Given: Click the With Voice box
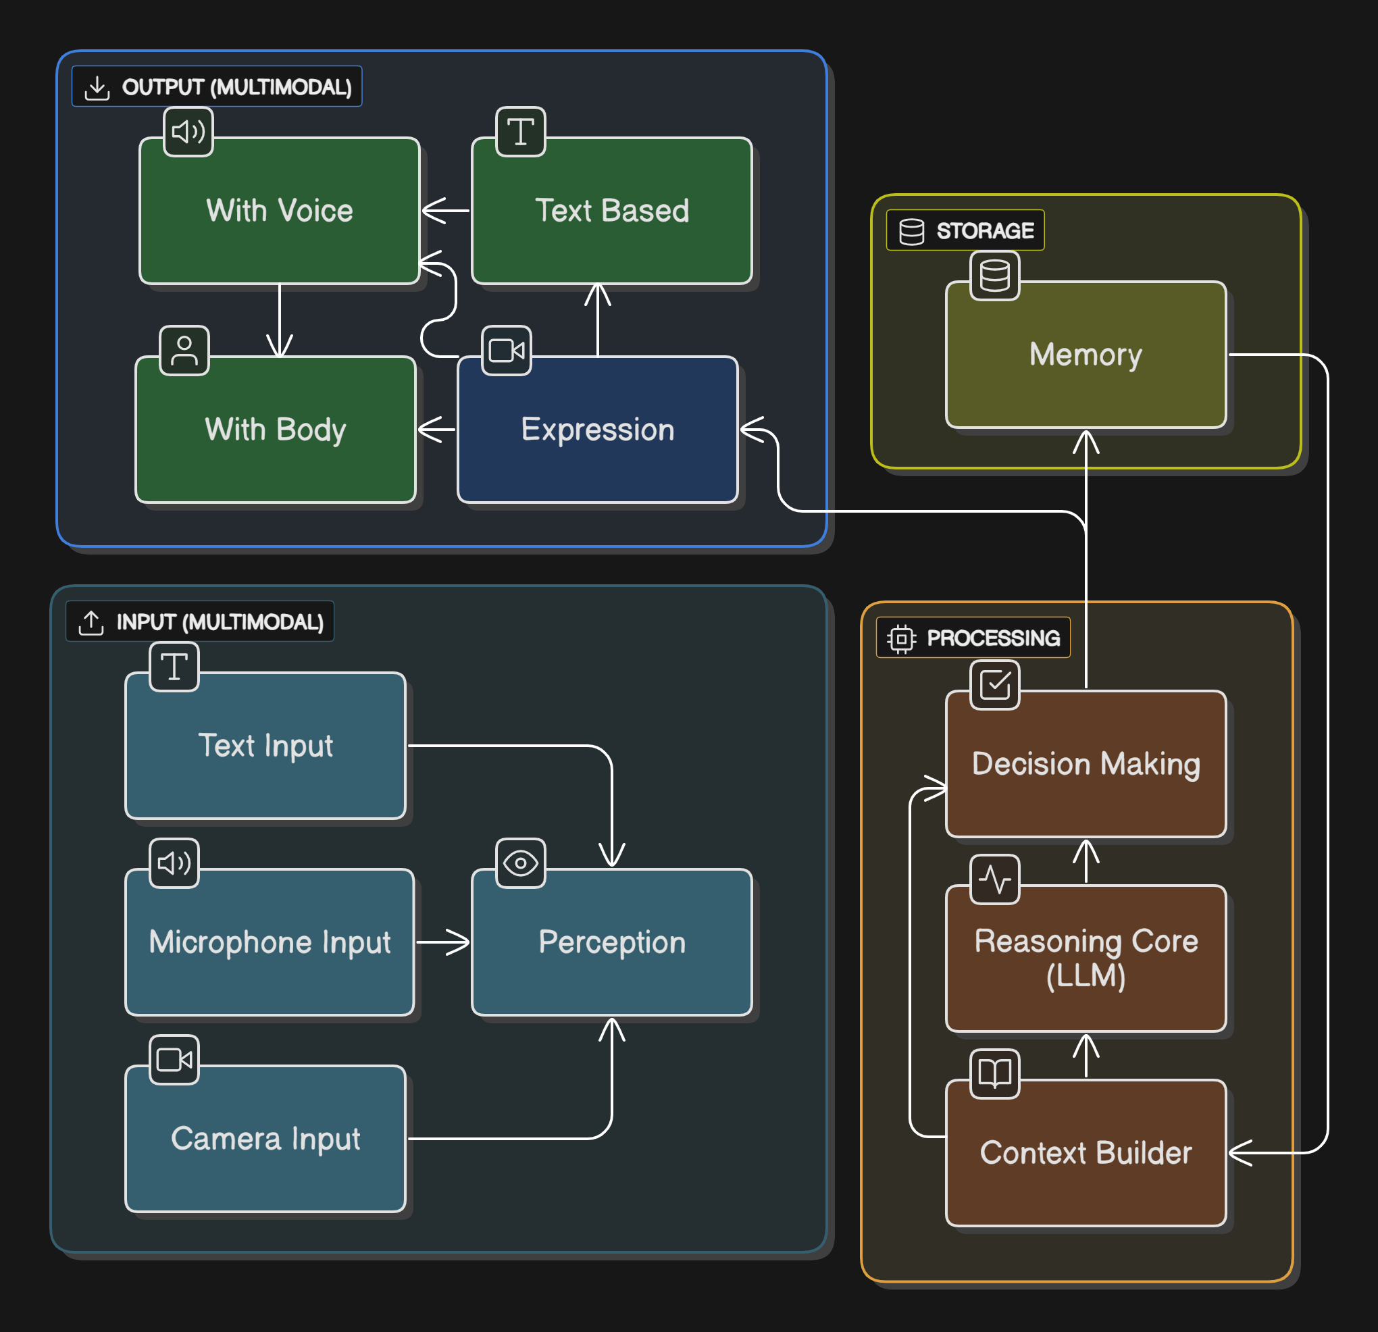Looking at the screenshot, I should pyautogui.click(x=279, y=211).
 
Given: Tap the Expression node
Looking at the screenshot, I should pyautogui.click(x=597, y=430).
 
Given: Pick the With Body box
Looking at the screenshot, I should pyautogui.click(x=275, y=430).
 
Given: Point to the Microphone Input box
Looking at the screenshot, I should pyautogui.click(x=270, y=942).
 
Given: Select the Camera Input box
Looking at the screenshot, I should pyautogui.click(x=265, y=1138).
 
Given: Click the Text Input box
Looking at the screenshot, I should pyautogui.click(x=265, y=745).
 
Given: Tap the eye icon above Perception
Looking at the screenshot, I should pyautogui.click(x=520, y=863).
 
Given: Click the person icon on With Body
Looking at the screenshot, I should pyautogui.click(x=184, y=350).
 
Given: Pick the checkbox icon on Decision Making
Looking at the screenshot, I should pyautogui.click(x=994, y=684).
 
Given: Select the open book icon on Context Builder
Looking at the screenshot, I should pyautogui.click(x=994, y=1073).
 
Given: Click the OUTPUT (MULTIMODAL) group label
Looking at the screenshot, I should pyautogui.click(x=217, y=86).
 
